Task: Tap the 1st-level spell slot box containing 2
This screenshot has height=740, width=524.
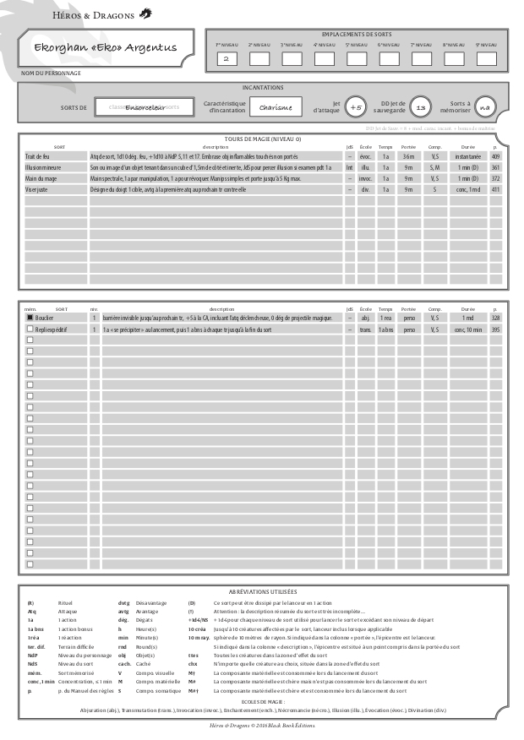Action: click(226, 59)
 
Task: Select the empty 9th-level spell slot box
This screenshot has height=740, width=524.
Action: click(486, 59)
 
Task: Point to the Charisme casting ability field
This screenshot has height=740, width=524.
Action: click(276, 108)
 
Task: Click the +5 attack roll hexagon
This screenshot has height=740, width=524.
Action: click(357, 108)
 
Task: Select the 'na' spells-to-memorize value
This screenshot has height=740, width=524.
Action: click(483, 108)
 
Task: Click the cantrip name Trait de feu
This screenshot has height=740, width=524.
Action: click(38, 157)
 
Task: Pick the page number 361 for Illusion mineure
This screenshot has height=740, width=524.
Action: click(496, 168)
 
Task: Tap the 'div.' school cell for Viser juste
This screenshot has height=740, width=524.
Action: click(366, 190)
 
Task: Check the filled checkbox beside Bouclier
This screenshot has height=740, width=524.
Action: click(30, 318)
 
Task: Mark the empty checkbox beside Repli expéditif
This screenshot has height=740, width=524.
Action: click(30, 329)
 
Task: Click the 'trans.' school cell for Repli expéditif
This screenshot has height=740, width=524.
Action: click(366, 329)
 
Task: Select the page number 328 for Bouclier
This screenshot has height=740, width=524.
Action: click(496, 318)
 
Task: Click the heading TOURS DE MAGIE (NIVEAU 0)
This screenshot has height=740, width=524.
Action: click(263, 139)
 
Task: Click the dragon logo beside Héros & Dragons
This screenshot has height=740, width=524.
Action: click(145, 13)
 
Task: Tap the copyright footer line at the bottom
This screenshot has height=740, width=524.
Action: click(262, 726)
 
